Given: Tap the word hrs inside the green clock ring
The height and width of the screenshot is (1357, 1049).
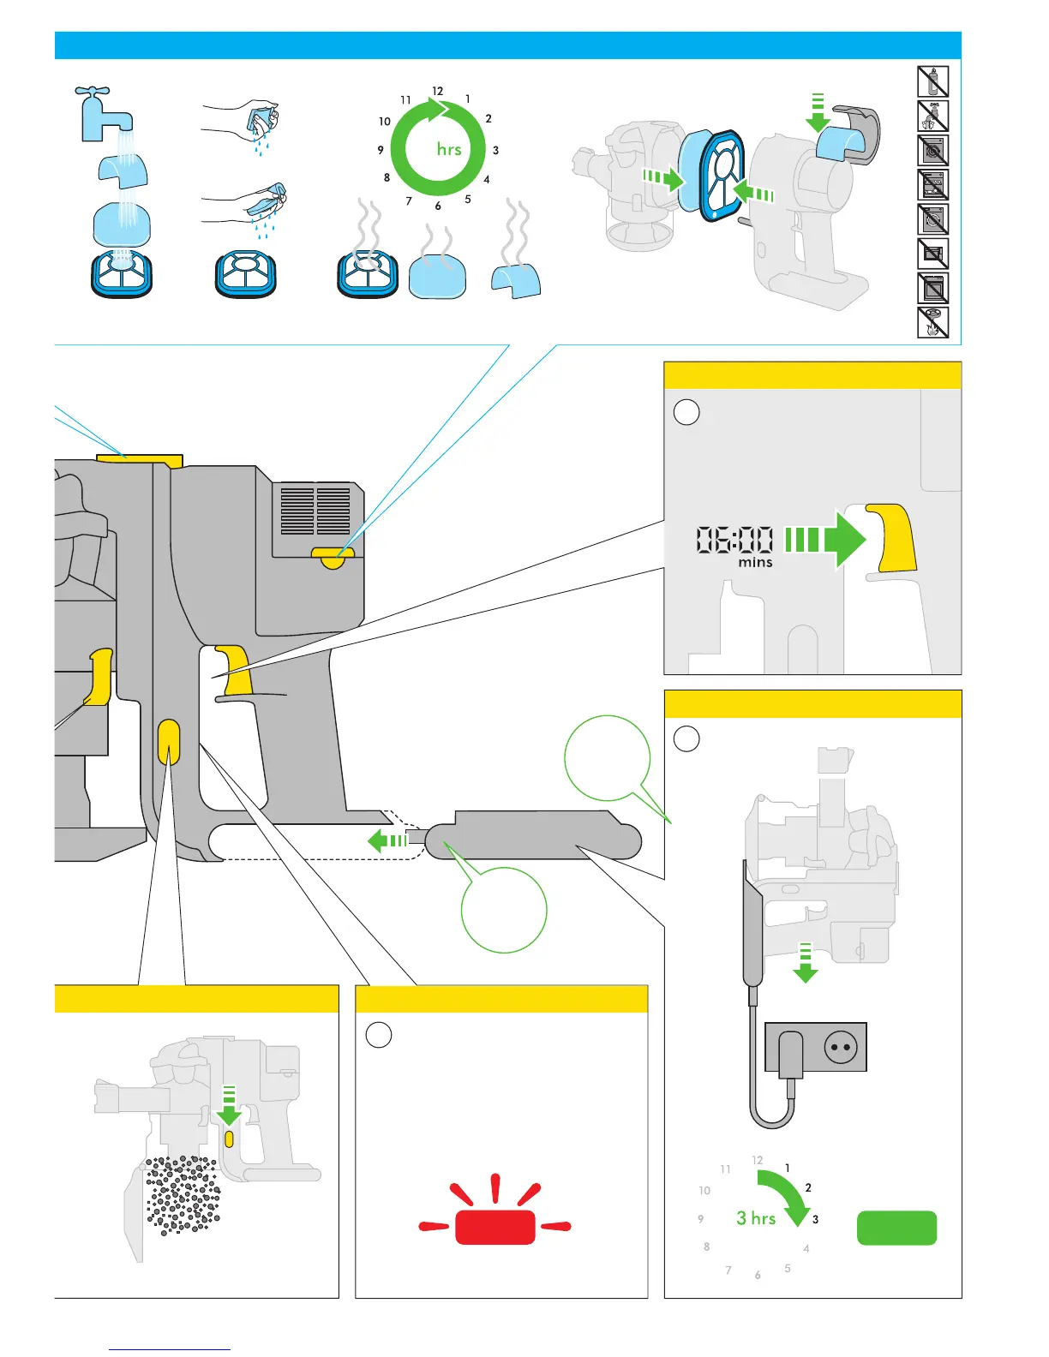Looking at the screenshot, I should (449, 149).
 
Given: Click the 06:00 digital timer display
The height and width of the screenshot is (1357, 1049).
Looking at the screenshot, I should (734, 541).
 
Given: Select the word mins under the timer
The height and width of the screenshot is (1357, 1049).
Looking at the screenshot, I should (755, 563).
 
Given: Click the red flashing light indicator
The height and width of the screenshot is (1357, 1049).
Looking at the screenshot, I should (495, 1226).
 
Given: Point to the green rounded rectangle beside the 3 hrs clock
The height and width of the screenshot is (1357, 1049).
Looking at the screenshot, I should (896, 1228).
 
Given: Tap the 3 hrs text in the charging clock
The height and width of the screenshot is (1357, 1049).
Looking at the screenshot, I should (756, 1218).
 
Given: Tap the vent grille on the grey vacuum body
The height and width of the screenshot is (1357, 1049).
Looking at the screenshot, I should (315, 511).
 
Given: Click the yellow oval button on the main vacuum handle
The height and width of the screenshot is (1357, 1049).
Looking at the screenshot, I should (169, 741).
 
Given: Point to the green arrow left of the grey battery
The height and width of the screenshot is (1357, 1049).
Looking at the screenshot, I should (387, 840).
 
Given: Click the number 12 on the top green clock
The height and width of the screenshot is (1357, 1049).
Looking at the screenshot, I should (438, 91).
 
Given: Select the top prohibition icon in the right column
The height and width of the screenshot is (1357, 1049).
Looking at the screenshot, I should (932, 81).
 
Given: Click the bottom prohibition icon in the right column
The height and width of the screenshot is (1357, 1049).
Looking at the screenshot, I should (932, 322).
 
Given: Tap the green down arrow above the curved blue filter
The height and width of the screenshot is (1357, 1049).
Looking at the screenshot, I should (818, 112).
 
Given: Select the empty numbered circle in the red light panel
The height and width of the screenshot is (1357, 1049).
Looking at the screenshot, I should (379, 1034).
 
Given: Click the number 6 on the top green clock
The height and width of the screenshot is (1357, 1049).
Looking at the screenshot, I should (438, 206).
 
